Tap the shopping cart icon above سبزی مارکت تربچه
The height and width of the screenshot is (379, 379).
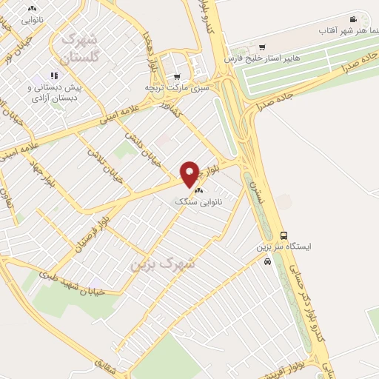(x=176, y=76)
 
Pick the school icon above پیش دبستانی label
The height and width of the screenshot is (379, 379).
(x=53, y=76)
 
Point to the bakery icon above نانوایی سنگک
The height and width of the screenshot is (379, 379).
(x=197, y=189)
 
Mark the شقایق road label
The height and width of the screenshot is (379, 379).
(x=106, y=363)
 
